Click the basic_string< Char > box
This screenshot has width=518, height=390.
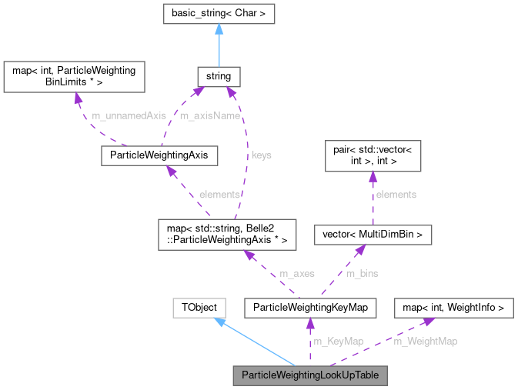(x=219, y=13)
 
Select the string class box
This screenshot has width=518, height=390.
(x=219, y=77)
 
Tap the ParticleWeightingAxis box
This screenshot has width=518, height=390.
(x=159, y=155)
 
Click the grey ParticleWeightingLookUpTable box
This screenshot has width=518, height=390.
(x=310, y=376)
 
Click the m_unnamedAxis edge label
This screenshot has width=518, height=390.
(x=129, y=115)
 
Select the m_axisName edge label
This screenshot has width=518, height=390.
(x=209, y=115)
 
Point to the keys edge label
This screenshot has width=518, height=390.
(x=261, y=155)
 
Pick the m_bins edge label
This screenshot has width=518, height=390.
(x=362, y=273)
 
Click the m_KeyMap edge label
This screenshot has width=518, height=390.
(x=339, y=342)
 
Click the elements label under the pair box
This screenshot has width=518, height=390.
(x=396, y=195)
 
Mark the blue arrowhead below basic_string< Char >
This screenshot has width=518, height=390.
(x=219, y=29)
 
